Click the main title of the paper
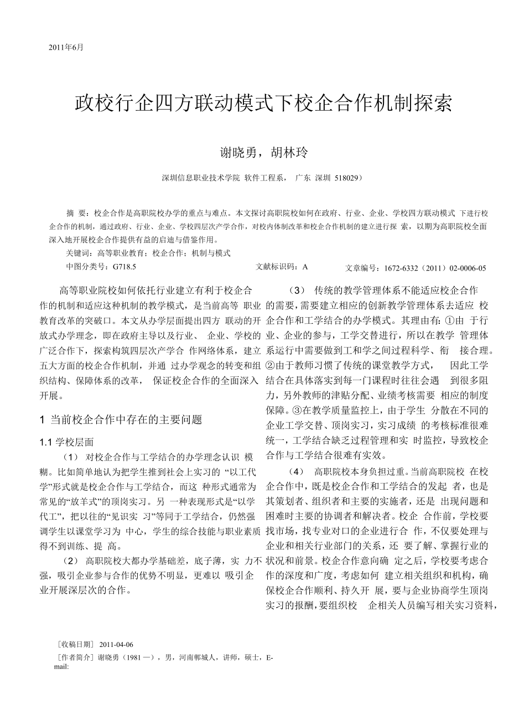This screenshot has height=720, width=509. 263,104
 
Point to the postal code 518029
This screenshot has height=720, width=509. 346,178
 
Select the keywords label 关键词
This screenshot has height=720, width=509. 77,253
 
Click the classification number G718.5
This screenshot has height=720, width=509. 124,267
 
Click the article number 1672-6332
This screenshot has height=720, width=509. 405,268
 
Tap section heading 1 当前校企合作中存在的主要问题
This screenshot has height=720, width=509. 121,420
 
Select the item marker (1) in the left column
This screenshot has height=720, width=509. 72,457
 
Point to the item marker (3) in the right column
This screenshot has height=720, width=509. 297,291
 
